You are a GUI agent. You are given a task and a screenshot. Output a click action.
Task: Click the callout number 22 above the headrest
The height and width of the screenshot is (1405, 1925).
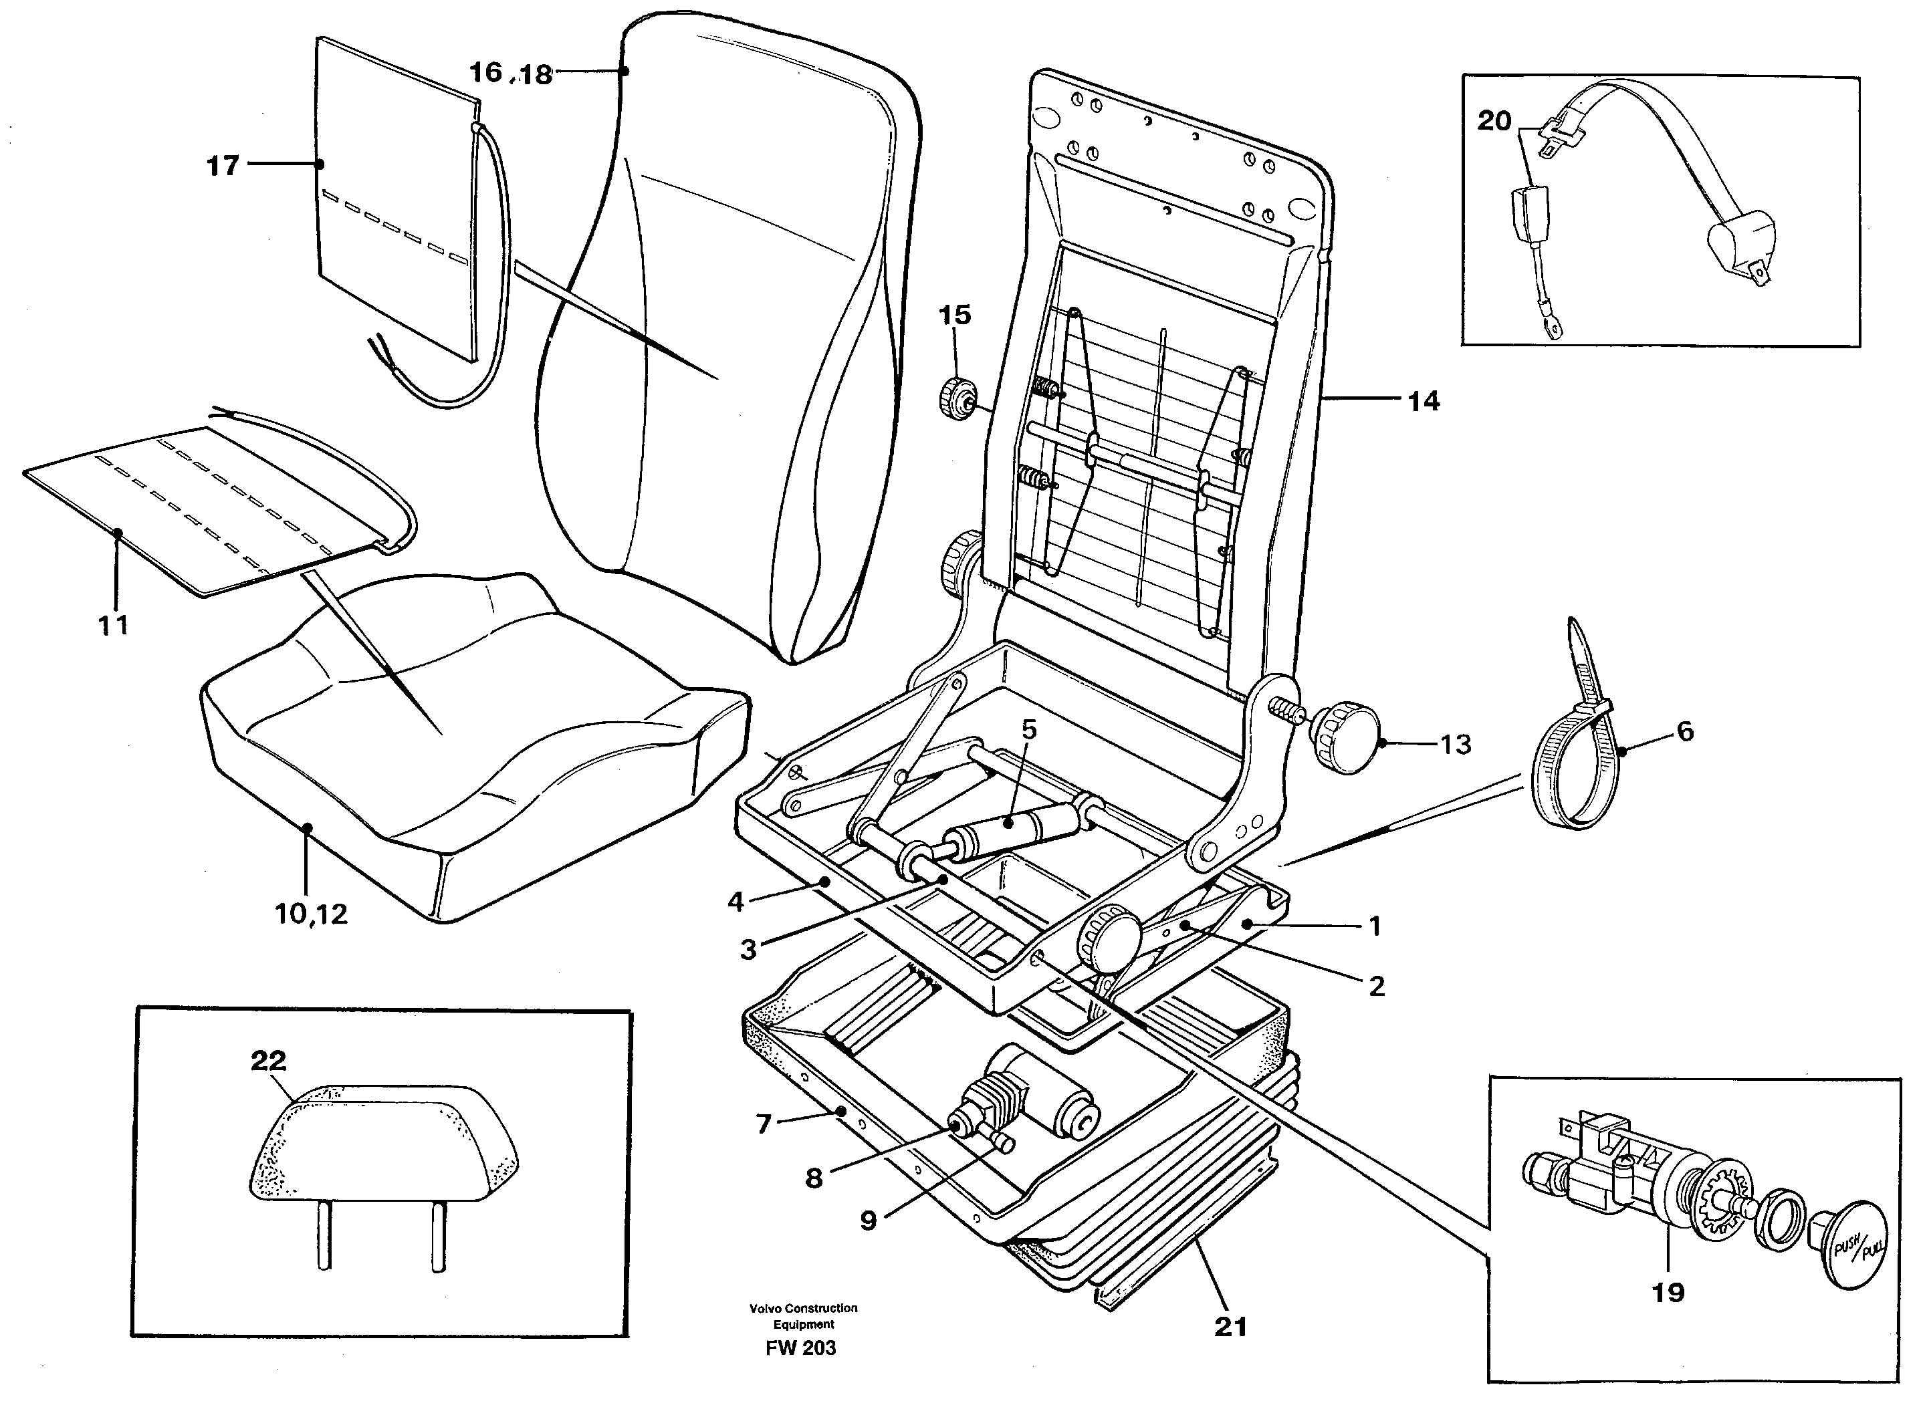tap(268, 1061)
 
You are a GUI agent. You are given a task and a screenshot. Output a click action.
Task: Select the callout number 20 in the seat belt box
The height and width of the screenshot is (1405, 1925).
tap(1494, 121)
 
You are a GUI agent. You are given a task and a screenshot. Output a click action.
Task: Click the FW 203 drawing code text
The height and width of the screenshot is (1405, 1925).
tap(800, 1348)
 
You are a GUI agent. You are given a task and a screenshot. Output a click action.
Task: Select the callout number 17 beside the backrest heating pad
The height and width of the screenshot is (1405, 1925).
tap(223, 166)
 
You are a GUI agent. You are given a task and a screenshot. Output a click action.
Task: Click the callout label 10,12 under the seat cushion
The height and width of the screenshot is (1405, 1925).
tap(312, 914)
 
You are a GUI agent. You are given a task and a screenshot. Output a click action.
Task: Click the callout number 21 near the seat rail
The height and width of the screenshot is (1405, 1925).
tap(1230, 1327)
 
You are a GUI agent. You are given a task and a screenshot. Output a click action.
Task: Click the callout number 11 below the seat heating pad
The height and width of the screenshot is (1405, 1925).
tap(112, 625)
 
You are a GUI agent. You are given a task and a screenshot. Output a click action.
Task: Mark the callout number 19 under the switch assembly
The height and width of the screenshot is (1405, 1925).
tap(1668, 1293)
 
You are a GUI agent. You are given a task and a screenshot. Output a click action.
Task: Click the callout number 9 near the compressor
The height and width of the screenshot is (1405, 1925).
tap(868, 1221)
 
